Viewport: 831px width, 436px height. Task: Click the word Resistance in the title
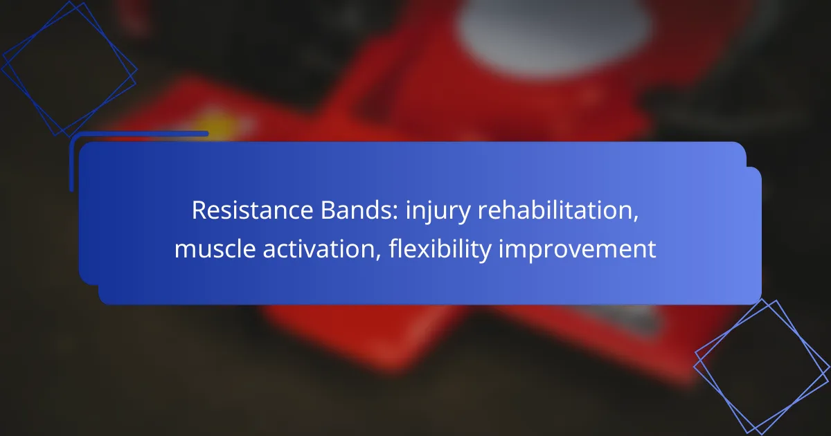click(252, 210)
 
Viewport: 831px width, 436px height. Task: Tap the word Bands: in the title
click(359, 210)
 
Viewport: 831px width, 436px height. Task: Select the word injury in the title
click(438, 212)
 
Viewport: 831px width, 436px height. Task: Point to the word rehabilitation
click(558, 211)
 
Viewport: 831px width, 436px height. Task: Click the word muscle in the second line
click(215, 248)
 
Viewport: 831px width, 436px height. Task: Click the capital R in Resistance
click(199, 210)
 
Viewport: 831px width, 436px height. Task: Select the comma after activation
click(378, 257)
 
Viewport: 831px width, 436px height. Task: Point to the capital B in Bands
click(328, 210)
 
